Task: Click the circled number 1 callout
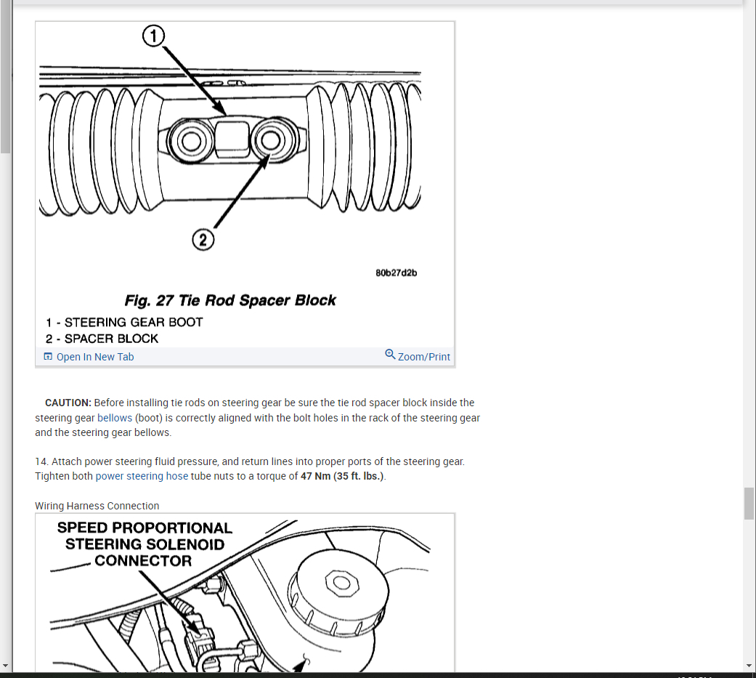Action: (x=153, y=36)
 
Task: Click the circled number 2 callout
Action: (x=203, y=240)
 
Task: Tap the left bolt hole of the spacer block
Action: (x=192, y=141)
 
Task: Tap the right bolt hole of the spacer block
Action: (x=270, y=140)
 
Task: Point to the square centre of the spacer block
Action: (x=232, y=140)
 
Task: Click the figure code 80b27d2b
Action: (x=397, y=273)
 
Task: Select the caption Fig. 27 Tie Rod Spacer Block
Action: (x=230, y=301)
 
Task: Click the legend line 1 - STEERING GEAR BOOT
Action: (x=124, y=323)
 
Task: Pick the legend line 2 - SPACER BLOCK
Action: (x=102, y=339)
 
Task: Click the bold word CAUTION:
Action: (x=68, y=403)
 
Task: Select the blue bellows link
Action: (x=115, y=418)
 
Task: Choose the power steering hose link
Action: (x=142, y=476)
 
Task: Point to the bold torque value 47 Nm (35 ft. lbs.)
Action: (x=342, y=476)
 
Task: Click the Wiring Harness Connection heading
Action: (x=97, y=506)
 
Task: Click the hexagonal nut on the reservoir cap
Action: (x=342, y=583)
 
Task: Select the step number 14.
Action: (x=41, y=462)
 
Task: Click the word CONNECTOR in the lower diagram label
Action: (x=143, y=561)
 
